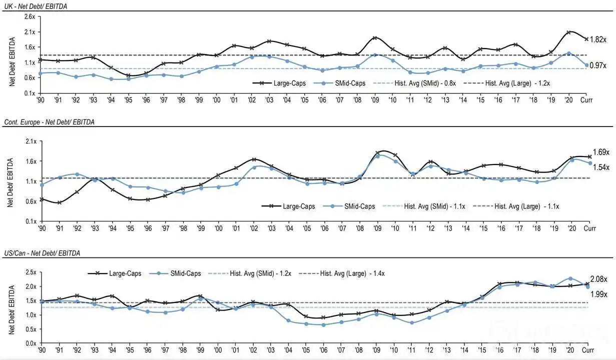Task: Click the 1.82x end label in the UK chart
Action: pos(598,39)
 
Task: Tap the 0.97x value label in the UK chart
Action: pos(598,65)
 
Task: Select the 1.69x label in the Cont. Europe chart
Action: pos(601,152)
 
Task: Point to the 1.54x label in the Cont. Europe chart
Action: pos(601,167)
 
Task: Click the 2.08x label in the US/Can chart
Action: pos(598,279)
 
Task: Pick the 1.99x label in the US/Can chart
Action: pos(599,294)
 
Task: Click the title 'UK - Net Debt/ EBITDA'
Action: pos(36,6)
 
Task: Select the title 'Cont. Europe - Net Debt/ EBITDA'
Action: pos(49,122)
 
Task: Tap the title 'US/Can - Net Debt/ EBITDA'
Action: pos(42,253)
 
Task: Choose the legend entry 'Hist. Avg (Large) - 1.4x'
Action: pos(342,273)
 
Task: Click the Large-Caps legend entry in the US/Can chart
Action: pos(115,273)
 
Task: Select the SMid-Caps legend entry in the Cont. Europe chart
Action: pos(349,206)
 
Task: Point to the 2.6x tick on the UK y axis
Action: pos(30,16)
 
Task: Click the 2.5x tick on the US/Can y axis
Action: pos(31,272)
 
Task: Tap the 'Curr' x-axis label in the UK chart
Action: pos(586,100)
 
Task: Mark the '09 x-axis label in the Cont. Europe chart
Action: pos(377,228)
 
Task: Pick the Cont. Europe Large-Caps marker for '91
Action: pos(60,203)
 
